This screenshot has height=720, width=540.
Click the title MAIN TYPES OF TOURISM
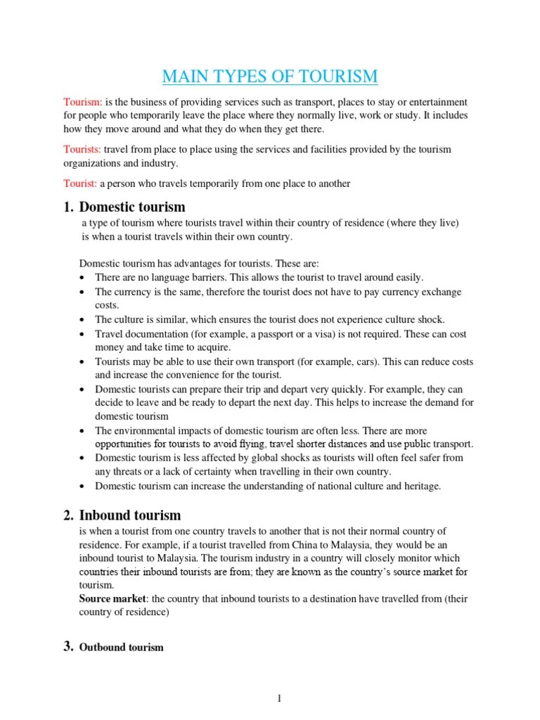tap(270, 76)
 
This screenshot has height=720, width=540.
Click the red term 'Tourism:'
tap(83, 102)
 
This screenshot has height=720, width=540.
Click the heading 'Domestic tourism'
tap(132, 207)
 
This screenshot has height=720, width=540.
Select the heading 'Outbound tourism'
tap(121, 647)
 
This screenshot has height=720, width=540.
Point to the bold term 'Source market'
tap(111, 598)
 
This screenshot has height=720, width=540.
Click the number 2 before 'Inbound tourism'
tap(68, 515)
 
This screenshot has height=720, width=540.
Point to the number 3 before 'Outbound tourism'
tap(68, 646)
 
